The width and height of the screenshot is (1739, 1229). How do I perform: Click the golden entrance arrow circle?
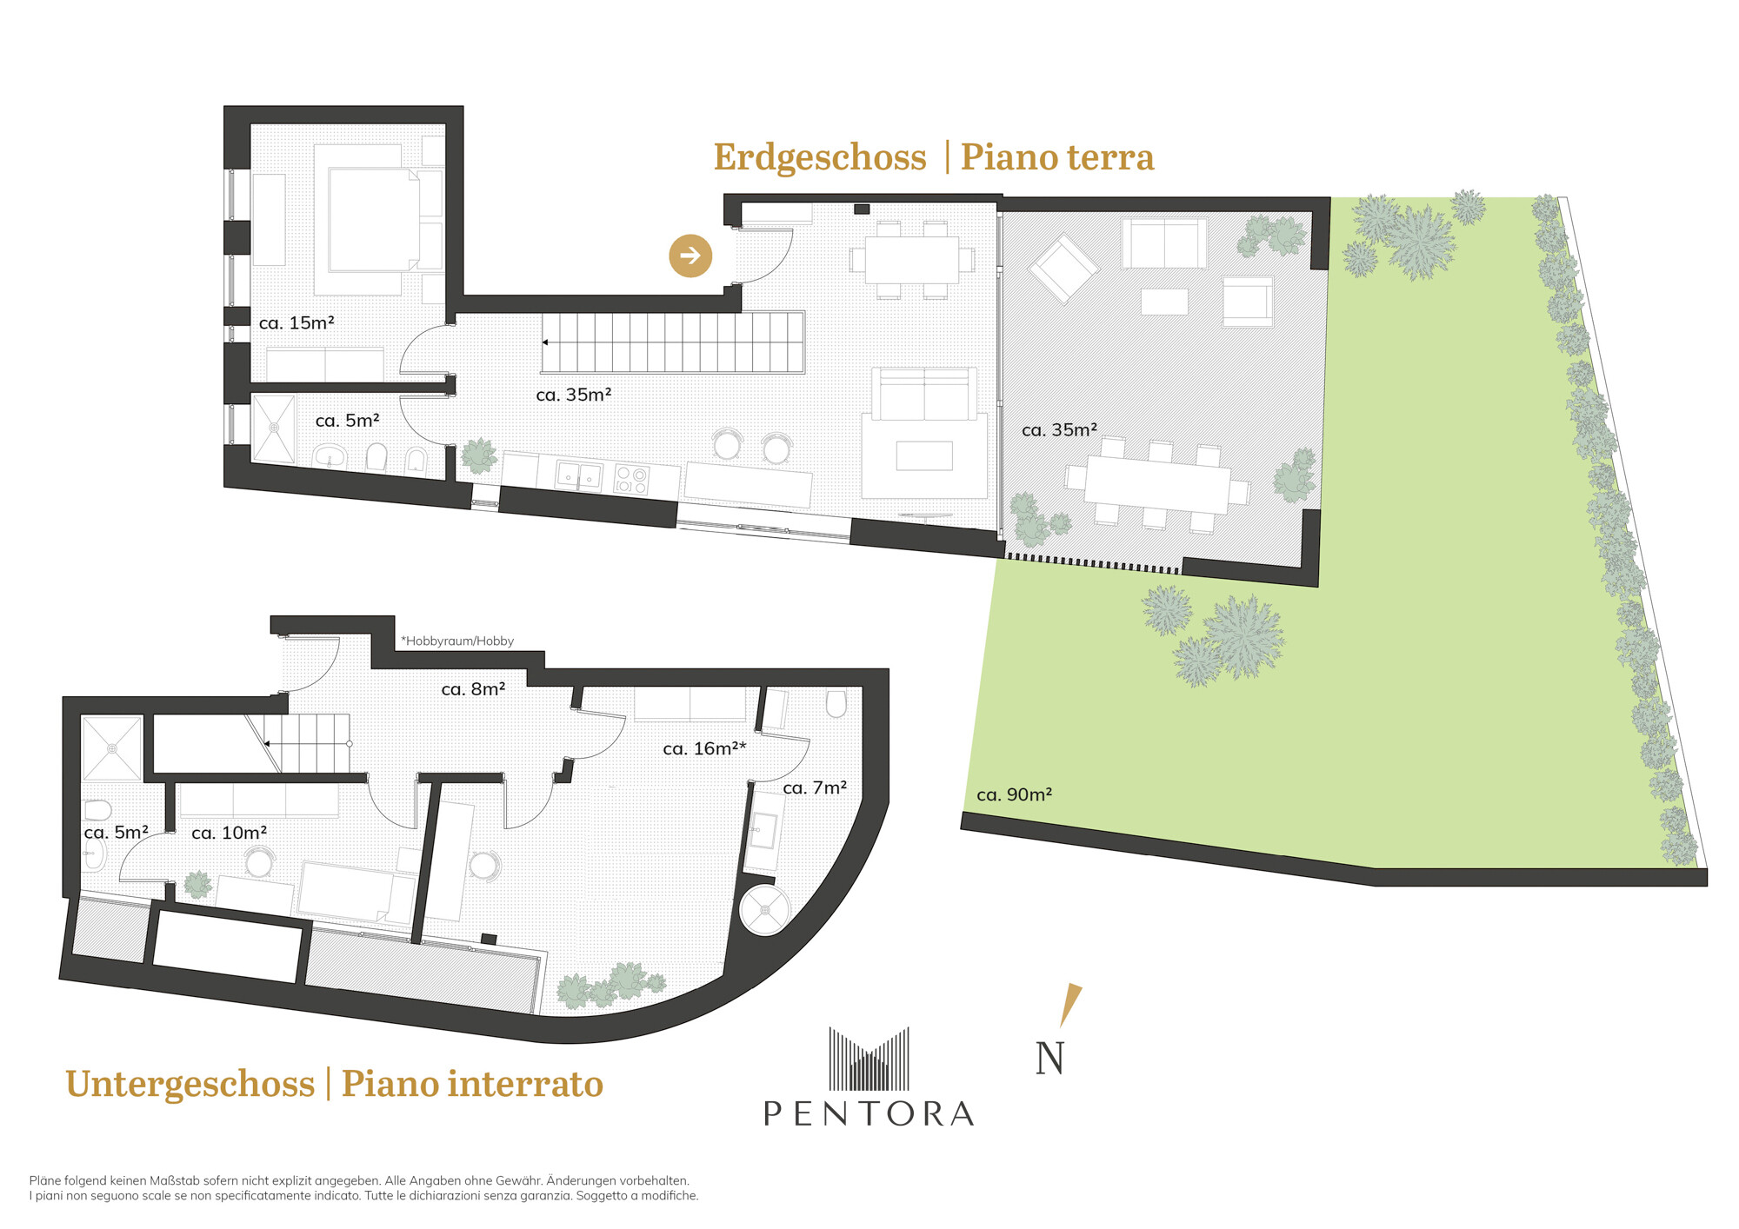coord(690,256)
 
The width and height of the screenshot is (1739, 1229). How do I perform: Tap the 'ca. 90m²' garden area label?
coord(1014,794)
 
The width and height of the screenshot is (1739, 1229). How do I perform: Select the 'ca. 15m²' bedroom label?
coord(296,323)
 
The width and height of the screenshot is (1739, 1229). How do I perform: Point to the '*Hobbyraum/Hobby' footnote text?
coord(457,641)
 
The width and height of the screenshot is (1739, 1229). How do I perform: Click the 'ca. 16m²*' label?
coord(704,748)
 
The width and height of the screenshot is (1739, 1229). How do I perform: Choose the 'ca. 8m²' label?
coord(473,689)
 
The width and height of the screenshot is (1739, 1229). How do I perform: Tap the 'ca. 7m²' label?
coord(815,787)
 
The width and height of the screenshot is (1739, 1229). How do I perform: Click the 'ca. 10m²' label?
coord(229,833)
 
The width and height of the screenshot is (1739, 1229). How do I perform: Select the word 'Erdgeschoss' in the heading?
coord(820,157)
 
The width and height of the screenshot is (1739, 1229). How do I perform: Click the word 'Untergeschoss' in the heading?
coord(190,1084)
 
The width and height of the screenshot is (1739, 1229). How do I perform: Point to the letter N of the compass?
coord(1049,1058)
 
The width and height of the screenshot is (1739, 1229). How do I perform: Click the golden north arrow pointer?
coord(1071,1005)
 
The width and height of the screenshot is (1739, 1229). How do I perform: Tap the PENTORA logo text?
coord(869,1113)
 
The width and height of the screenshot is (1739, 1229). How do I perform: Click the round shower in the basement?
coord(765,909)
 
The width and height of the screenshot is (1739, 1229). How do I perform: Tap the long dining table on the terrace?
coord(1157,484)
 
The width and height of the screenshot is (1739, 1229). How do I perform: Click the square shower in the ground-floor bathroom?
coord(274,428)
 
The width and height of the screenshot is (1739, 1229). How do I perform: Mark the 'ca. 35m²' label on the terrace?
coord(1059,430)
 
